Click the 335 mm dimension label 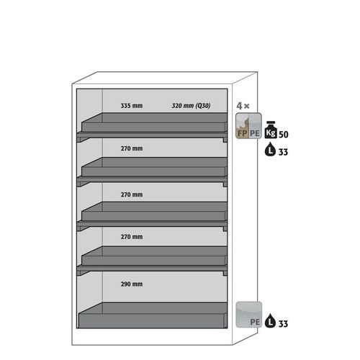[132, 106]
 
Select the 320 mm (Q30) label [191, 106]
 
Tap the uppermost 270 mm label [132, 148]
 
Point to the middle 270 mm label [132, 194]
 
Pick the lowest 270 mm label [132, 237]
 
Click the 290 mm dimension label [132, 284]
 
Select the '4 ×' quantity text [243, 106]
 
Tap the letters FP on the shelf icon [242, 133]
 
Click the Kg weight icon [271, 130]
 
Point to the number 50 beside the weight [284, 135]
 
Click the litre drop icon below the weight [270, 149]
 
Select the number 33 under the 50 [283, 152]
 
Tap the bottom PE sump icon [248, 315]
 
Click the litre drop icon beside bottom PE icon [270, 320]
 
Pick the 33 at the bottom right [283, 324]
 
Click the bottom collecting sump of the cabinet [153, 315]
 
